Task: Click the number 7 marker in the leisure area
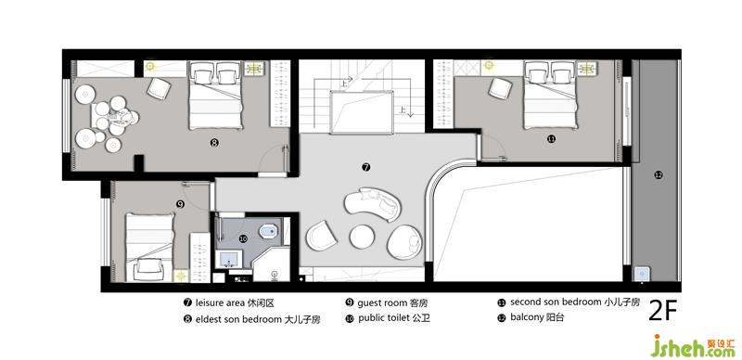tap(365, 167)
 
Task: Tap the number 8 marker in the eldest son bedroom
tap(214, 142)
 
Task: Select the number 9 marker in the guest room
tap(180, 204)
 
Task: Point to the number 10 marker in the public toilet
tap(243, 239)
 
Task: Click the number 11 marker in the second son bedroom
tap(551, 139)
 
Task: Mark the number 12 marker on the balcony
tap(659, 174)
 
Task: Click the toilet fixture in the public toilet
tap(268, 231)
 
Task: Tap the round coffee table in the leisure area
tap(362, 237)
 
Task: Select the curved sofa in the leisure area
tap(373, 204)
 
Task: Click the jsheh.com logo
tap(693, 346)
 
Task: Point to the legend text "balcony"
tap(528, 317)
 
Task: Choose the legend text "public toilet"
tap(384, 318)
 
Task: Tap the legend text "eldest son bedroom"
tap(238, 319)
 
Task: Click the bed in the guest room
tap(148, 247)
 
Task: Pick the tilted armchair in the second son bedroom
tap(501, 88)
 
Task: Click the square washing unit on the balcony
tap(643, 275)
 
